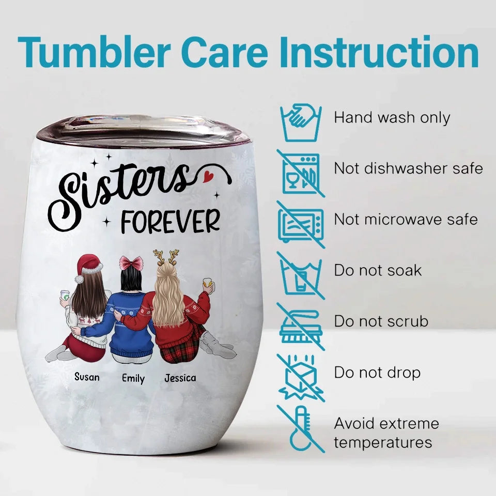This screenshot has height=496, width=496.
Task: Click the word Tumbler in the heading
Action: point(94,52)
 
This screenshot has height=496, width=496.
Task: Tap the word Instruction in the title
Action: point(379,52)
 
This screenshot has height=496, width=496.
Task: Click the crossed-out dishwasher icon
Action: point(301,174)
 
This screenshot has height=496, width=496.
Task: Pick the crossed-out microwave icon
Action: point(301,225)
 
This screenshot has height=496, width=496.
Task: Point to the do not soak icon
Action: point(301,275)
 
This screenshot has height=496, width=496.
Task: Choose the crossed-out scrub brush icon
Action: point(301,327)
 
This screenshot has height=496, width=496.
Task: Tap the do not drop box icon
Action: point(301,378)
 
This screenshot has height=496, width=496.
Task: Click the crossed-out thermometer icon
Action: point(301,429)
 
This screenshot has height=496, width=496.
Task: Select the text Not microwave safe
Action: point(406,219)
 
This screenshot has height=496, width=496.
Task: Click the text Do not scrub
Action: point(381,321)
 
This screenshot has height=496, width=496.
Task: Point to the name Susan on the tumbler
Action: point(87,377)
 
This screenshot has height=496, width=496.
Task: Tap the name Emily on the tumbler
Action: point(133,378)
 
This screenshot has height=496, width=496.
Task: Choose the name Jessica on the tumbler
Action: point(180,378)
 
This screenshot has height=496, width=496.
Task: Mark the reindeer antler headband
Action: point(166,257)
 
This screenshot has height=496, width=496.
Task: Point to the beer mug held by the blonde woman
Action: point(208,284)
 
